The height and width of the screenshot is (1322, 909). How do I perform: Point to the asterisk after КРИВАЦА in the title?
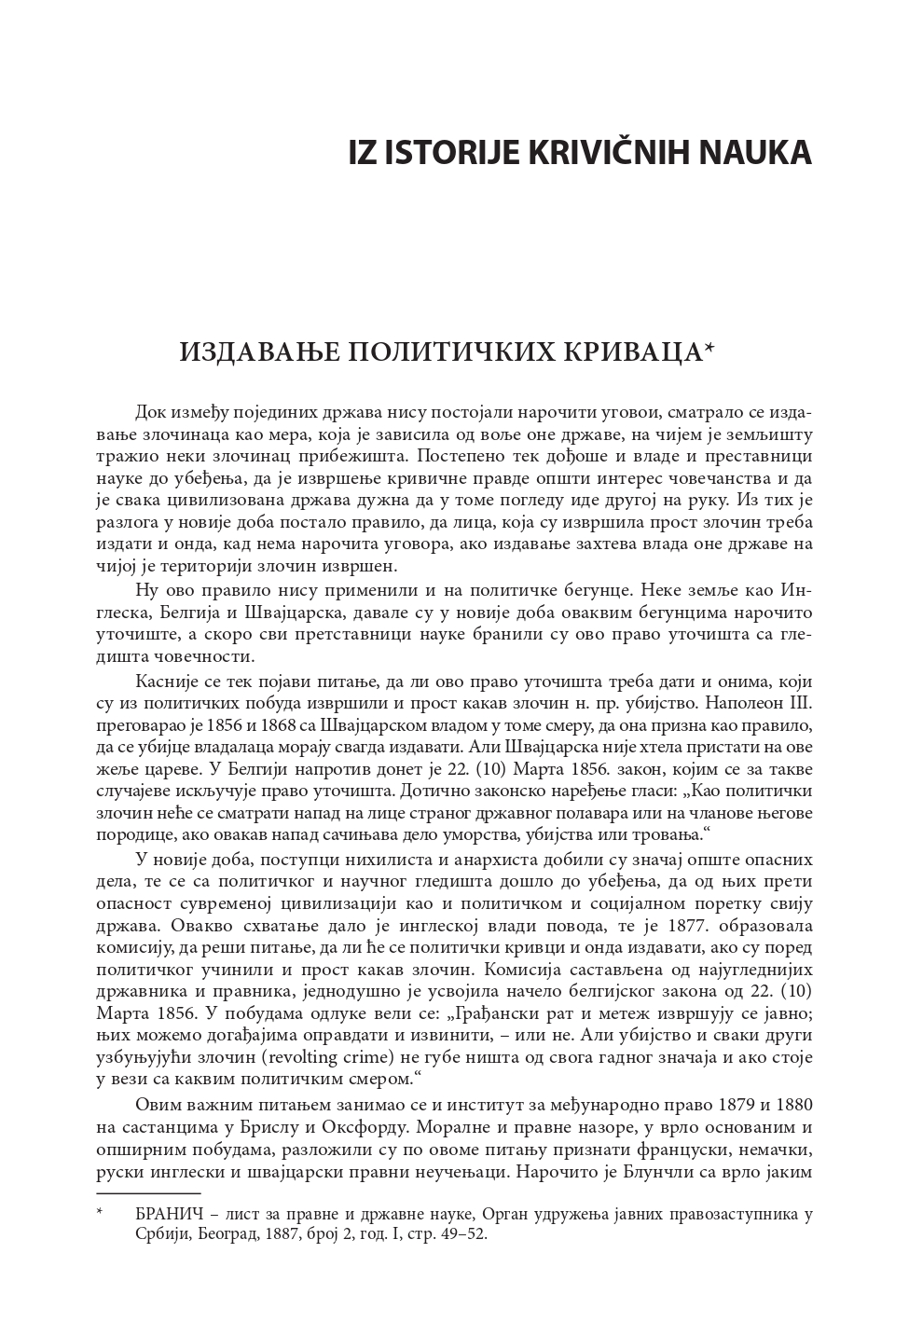pyautogui.click(x=709, y=348)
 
